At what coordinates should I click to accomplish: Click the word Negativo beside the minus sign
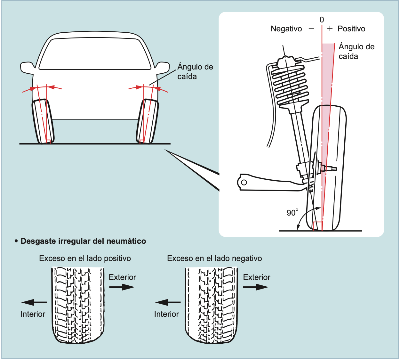point(286,29)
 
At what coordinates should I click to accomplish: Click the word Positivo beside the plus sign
point(351,29)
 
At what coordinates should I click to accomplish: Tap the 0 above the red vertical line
point(322,20)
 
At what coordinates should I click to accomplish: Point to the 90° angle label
point(292,213)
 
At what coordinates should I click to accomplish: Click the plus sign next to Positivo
point(330,29)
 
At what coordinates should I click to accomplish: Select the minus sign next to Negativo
point(311,29)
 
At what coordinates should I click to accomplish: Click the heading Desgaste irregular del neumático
point(83,241)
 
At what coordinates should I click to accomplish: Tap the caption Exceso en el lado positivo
point(85,258)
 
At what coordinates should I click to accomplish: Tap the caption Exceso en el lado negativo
point(214,258)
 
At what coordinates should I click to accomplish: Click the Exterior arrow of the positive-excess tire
point(122,287)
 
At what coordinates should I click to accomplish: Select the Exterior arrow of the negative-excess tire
point(255,287)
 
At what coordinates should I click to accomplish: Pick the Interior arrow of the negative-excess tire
point(168,302)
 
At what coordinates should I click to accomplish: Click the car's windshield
point(95,53)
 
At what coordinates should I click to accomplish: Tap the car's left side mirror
point(28,67)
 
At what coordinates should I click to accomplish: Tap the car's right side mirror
point(162,67)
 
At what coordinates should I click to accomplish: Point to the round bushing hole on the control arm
point(244,183)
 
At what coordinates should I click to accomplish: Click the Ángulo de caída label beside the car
point(195,71)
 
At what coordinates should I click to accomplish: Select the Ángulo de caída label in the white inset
point(356,51)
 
